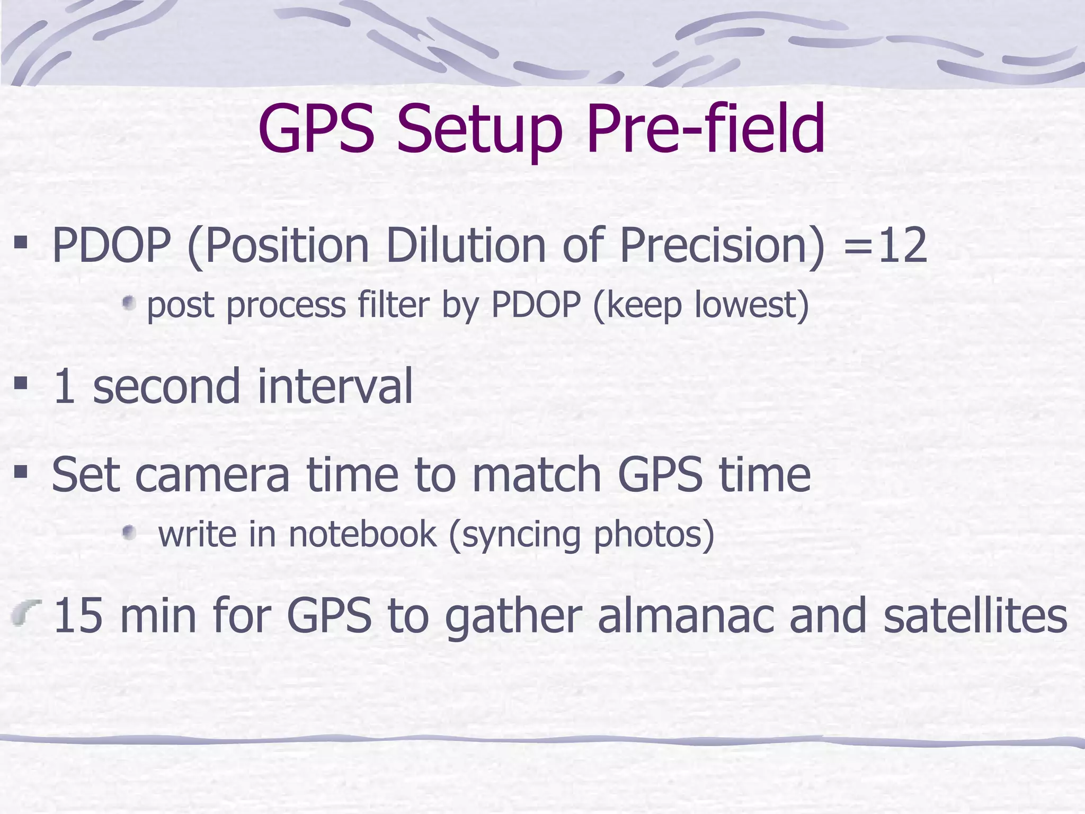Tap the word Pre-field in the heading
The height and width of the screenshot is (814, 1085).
click(705, 128)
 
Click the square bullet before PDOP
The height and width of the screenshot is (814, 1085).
click(21, 243)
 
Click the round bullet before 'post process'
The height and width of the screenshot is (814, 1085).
click(129, 304)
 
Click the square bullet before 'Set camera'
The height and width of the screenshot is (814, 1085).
click(21, 471)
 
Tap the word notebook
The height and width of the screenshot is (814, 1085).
click(363, 534)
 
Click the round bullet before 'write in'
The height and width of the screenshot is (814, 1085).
click(129, 532)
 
